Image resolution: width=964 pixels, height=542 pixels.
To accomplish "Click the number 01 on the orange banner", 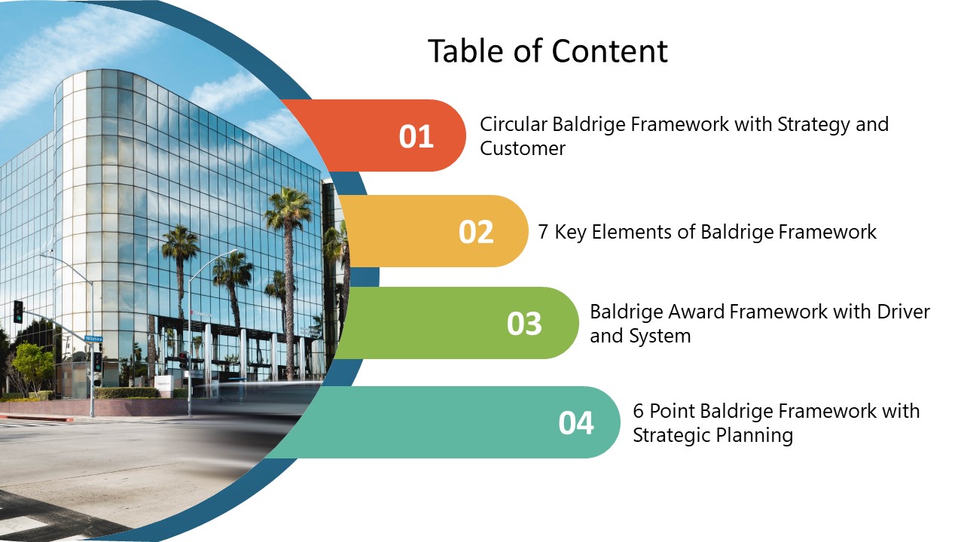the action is tap(416, 137).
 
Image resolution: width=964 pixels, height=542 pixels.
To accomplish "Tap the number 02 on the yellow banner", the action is tap(475, 233).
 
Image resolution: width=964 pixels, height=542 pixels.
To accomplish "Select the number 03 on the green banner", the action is tap(524, 324).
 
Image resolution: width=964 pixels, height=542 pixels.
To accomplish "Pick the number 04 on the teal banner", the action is tap(576, 423).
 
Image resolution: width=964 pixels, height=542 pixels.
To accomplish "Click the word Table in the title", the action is tap(467, 51).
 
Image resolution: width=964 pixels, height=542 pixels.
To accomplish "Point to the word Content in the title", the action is tap(610, 51).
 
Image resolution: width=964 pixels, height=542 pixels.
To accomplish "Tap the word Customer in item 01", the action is tap(523, 148).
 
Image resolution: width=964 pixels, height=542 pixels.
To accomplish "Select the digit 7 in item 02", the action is tap(543, 233).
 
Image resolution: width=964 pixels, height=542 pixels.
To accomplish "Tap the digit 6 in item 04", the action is tap(638, 411).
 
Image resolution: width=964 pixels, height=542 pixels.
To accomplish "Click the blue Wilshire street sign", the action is tap(93, 339).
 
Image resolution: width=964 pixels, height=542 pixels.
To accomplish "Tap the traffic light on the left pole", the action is tap(18, 312).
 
